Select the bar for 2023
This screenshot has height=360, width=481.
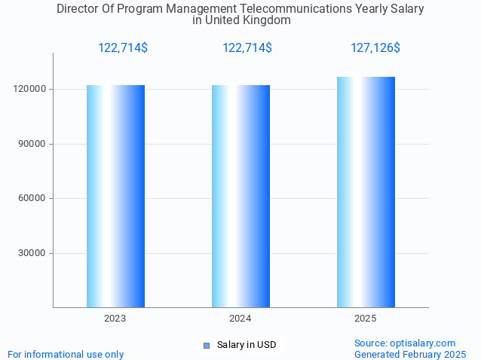(x=115, y=196)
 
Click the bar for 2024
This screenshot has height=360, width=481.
(x=240, y=196)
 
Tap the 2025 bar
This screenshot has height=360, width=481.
(x=366, y=192)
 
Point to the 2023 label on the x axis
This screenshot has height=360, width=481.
(x=115, y=319)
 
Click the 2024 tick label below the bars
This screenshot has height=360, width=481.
(x=240, y=319)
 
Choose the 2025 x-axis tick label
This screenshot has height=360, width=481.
(x=366, y=319)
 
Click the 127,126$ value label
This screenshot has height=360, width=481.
(x=375, y=48)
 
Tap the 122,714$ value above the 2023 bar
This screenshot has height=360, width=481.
(x=123, y=48)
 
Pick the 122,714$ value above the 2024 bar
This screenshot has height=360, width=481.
(x=247, y=48)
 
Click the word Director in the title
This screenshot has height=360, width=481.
(x=79, y=9)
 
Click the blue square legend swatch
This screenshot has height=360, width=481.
(x=207, y=346)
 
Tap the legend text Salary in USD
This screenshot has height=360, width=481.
(x=247, y=345)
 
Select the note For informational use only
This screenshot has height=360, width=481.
(x=66, y=354)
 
